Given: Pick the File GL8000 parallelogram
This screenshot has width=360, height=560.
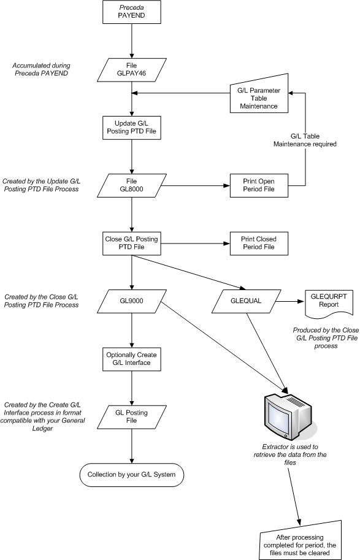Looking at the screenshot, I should (132, 185).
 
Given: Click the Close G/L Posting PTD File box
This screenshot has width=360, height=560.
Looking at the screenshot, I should (132, 242).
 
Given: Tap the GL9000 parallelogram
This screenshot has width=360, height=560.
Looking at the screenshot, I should (132, 300).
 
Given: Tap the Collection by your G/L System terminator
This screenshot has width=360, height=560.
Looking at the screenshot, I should (132, 474).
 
